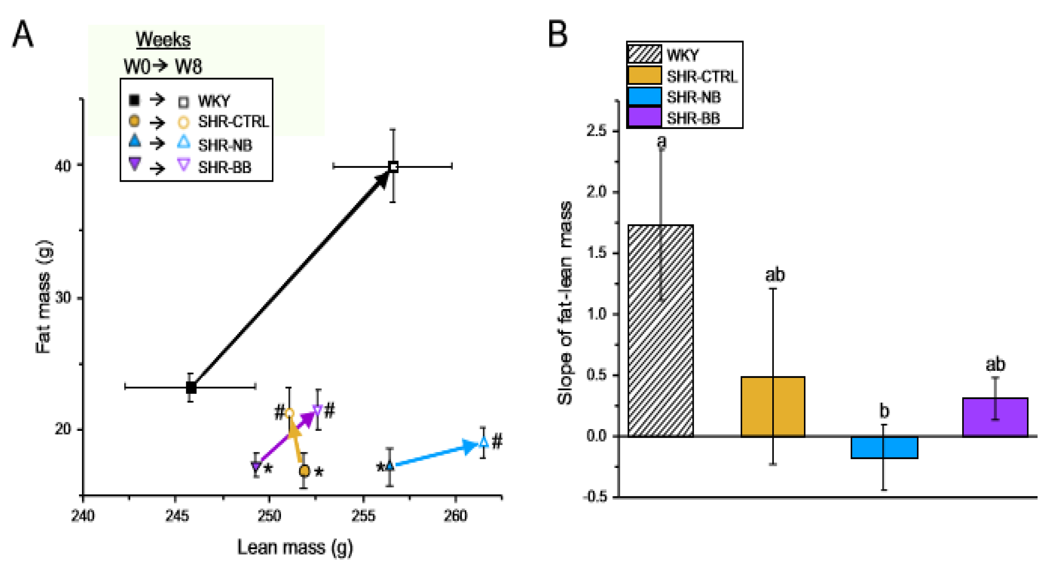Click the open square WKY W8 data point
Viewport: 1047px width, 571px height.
click(x=393, y=167)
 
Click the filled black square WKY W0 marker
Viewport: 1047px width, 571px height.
click(x=191, y=387)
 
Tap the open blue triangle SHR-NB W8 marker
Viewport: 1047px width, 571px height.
click(x=483, y=442)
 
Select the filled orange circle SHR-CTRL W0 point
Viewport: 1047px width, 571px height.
click(x=304, y=471)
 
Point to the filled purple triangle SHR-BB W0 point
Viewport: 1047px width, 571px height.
click(x=256, y=467)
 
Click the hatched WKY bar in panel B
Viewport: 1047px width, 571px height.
click(x=660, y=331)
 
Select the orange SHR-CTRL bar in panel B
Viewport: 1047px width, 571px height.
click(x=773, y=407)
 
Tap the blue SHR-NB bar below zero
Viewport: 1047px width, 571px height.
click(x=884, y=447)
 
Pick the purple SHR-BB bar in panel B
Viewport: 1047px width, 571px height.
click(x=995, y=417)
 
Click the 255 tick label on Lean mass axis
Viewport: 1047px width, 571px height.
click(x=363, y=516)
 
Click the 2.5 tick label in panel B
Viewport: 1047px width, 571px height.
click(x=596, y=131)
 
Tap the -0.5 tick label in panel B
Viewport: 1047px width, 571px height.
click(x=595, y=497)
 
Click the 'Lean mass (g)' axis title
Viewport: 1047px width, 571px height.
click(x=295, y=548)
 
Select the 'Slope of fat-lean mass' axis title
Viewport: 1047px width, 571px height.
click(x=565, y=303)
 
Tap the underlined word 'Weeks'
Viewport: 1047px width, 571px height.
click(x=163, y=40)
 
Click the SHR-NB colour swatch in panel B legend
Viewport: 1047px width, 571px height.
click(x=644, y=97)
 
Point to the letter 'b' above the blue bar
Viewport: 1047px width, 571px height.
click(x=884, y=411)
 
